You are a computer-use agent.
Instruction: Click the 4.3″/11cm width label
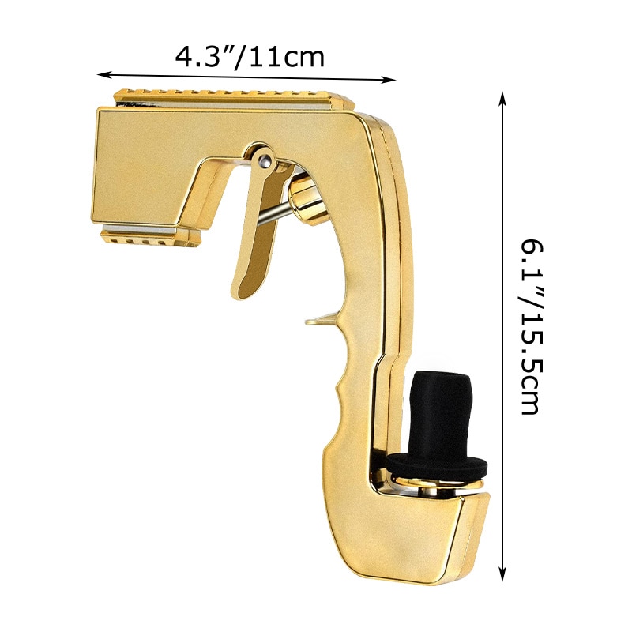coord(249,57)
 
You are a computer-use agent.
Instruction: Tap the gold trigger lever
coord(251,237)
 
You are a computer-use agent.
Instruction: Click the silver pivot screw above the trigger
coord(264,162)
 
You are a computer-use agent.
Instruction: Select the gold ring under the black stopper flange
coord(436,483)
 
